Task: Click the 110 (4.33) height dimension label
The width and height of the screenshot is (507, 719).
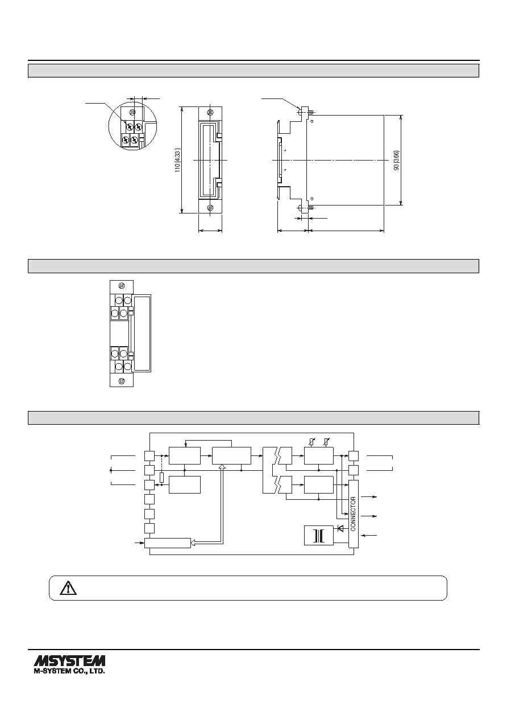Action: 178,160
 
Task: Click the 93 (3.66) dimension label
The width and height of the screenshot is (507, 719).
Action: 396,160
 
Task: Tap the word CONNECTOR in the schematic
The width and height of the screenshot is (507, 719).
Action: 353,514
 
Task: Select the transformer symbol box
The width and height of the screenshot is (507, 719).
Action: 318,535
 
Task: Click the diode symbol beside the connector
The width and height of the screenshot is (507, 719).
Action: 340,528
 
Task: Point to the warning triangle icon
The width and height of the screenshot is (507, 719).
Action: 68,588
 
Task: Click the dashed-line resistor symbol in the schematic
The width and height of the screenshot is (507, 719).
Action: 162,478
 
